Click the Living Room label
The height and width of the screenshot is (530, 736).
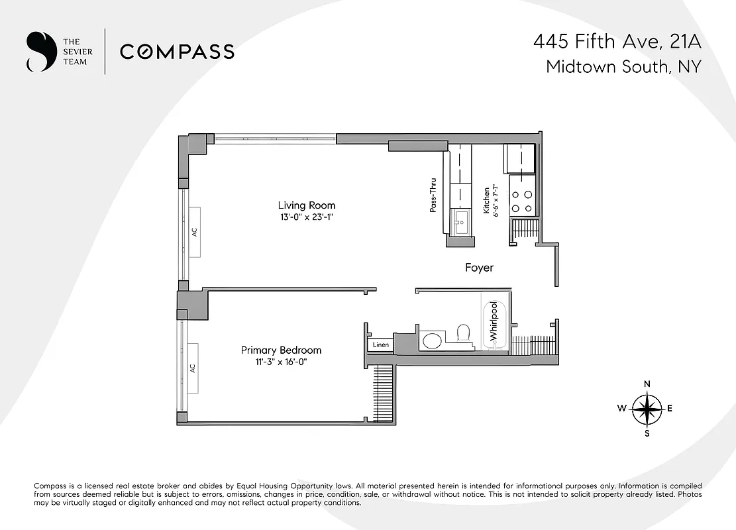(x=306, y=205)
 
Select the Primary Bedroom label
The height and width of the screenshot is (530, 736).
(x=281, y=350)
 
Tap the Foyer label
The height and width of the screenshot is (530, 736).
(x=479, y=268)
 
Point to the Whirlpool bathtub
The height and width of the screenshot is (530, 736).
(x=493, y=323)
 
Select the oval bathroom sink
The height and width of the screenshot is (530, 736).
(x=432, y=341)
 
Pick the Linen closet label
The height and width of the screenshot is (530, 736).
(x=380, y=345)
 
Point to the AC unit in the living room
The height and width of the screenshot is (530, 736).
(x=195, y=232)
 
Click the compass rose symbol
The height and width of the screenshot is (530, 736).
(x=647, y=409)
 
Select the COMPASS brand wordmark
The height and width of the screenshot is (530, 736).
(x=177, y=52)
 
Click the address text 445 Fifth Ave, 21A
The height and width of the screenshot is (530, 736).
(x=617, y=43)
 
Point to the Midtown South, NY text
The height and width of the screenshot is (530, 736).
(x=623, y=67)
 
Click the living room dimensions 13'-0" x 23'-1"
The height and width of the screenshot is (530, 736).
(x=306, y=217)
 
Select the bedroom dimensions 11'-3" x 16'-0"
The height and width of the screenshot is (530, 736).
(x=281, y=362)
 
